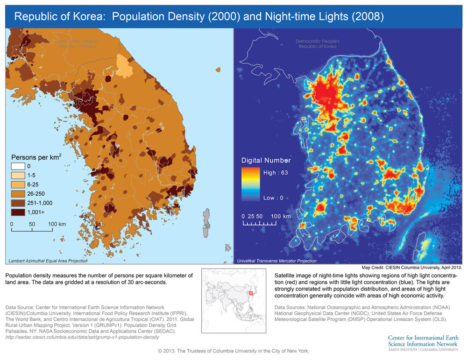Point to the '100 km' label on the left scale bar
57,224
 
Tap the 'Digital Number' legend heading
266,160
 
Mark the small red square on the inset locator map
251,293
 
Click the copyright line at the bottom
233,351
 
